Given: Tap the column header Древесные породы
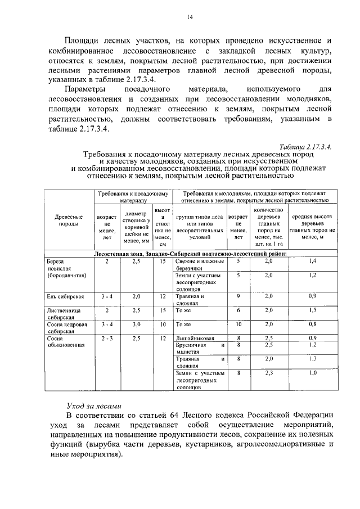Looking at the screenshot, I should click(x=69, y=220).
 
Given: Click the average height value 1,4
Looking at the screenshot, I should click(x=313, y=262).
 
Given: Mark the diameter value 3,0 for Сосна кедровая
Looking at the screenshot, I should click(x=136, y=325).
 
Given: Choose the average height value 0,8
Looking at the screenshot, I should click(x=313, y=325).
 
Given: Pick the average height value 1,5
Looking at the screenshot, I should click(x=313, y=310).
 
